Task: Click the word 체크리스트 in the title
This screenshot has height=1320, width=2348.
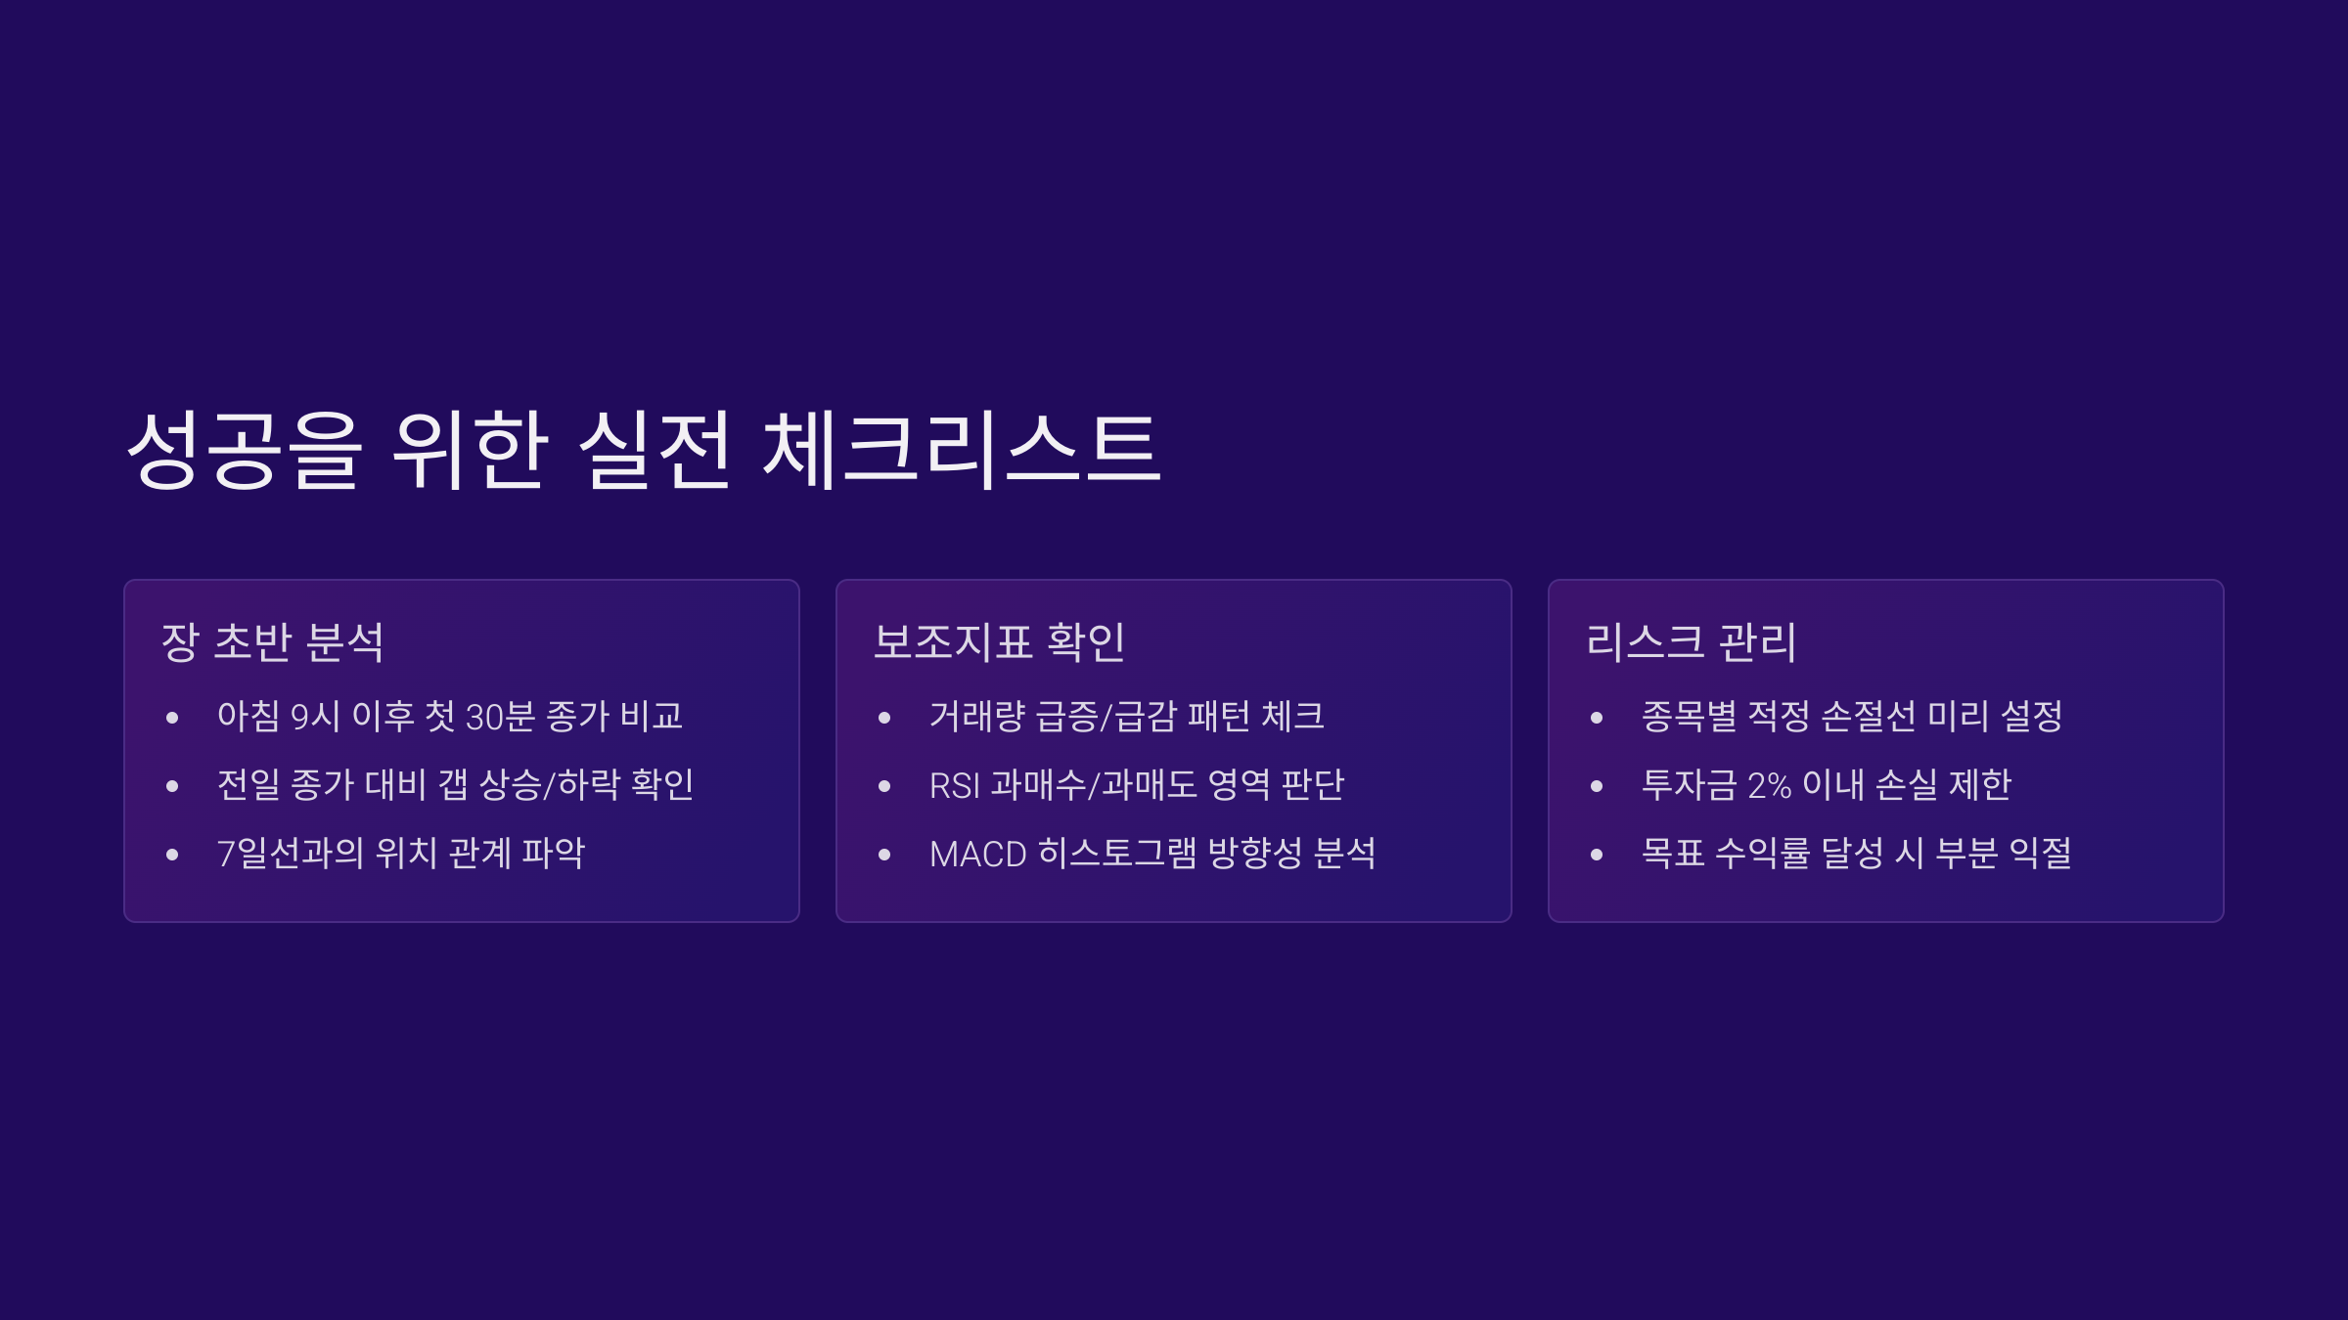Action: coord(963,450)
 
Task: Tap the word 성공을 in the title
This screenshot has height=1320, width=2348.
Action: coord(245,450)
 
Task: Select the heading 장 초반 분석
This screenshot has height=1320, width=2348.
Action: coord(273,642)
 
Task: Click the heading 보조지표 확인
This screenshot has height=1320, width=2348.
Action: coord(999,642)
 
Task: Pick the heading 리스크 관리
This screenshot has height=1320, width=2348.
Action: coord(1691,642)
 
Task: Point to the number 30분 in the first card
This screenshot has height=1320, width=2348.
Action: coord(500,717)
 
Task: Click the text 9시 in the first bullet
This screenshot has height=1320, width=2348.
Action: coord(315,717)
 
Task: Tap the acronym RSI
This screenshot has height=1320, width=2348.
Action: coord(954,785)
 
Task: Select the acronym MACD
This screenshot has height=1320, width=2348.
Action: coord(977,854)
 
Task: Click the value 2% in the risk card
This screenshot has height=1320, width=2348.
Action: coord(1769,785)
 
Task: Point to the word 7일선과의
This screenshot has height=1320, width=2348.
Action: coord(290,854)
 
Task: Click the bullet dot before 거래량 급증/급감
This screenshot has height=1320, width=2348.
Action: coord(884,718)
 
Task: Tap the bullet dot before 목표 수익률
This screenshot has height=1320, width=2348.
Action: coord(1597,855)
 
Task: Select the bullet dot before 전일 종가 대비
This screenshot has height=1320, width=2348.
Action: coord(172,786)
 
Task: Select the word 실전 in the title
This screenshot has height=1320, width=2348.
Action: coord(655,450)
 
